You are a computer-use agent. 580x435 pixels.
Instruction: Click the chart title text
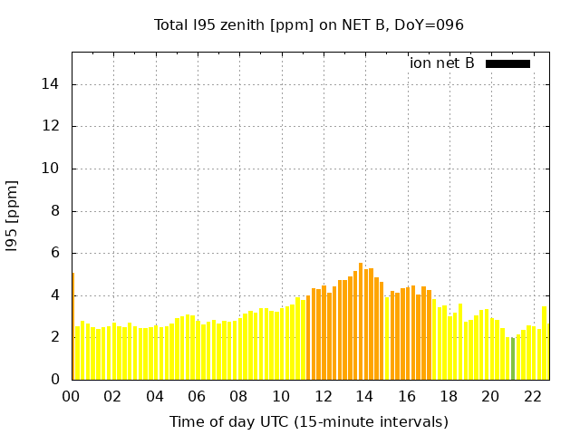[x=308, y=25]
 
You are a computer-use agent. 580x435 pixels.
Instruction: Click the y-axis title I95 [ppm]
[x=13, y=216]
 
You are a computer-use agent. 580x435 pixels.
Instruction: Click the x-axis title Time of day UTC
[x=308, y=421]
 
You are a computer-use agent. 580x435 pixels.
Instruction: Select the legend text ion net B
[x=441, y=63]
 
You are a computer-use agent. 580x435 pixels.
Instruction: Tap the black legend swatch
[x=507, y=63]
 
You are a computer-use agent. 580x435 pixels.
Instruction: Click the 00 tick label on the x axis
[x=72, y=397]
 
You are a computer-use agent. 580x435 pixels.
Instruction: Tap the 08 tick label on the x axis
[x=238, y=397]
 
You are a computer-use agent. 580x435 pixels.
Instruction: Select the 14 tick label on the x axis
[x=363, y=397]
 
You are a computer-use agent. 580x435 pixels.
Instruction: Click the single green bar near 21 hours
[x=513, y=359]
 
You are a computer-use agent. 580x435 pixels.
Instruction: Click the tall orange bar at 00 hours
[x=72, y=326]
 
